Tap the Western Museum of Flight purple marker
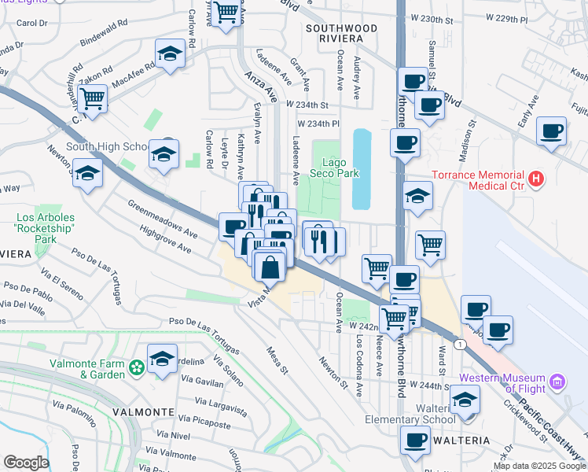point(557,382)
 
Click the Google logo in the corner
point(25,463)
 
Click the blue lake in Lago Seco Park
point(362,169)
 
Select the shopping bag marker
point(270,267)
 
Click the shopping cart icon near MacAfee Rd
point(93,99)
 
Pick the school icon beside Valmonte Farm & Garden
point(162,360)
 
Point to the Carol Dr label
point(32,23)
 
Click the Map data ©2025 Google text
point(540,466)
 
